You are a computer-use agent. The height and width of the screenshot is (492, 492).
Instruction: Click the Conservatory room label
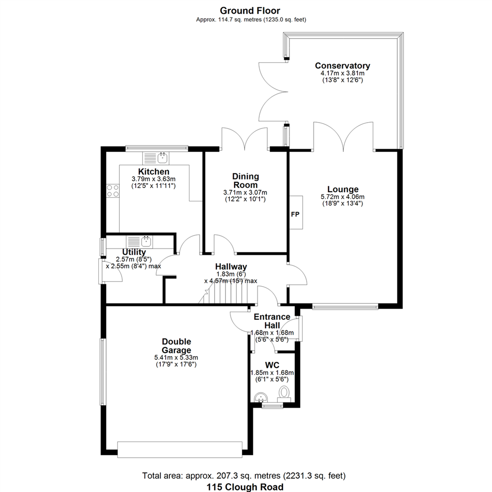(x=342, y=66)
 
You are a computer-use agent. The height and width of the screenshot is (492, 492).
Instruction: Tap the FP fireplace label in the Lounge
(x=295, y=214)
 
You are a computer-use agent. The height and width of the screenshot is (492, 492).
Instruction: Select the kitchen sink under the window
(x=156, y=158)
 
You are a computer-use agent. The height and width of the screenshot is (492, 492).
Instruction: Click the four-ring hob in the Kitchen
(x=113, y=191)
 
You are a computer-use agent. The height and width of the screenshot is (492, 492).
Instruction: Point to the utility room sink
(x=139, y=241)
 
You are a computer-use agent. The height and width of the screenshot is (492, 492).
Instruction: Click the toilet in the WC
(x=284, y=394)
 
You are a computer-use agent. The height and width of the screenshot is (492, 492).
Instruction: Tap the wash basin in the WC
(x=260, y=397)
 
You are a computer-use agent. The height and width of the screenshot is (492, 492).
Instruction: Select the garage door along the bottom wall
(x=180, y=450)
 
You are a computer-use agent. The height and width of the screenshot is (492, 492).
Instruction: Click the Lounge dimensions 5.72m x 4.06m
(x=343, y=197)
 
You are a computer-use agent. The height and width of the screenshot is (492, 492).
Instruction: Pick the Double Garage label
(x=176, y=346)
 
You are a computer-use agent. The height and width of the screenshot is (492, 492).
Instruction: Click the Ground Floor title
(x=250, y=10)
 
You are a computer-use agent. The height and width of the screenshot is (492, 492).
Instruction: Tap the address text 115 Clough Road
(x=245, y=487)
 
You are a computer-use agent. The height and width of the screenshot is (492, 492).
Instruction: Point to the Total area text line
(x=244, y=476)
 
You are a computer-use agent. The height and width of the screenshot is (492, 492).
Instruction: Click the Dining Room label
(x=246, y=180)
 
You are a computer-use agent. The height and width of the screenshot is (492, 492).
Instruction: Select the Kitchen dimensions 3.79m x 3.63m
(x=154, y=179)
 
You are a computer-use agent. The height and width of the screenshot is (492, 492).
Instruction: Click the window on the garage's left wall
(x=103, y=372)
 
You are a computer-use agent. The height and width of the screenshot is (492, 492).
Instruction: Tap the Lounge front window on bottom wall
(x=345, y=307)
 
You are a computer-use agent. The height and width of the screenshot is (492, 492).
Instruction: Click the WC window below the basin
(x=272, y=405)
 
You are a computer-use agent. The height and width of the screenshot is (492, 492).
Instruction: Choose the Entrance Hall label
(x=272, y=321)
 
